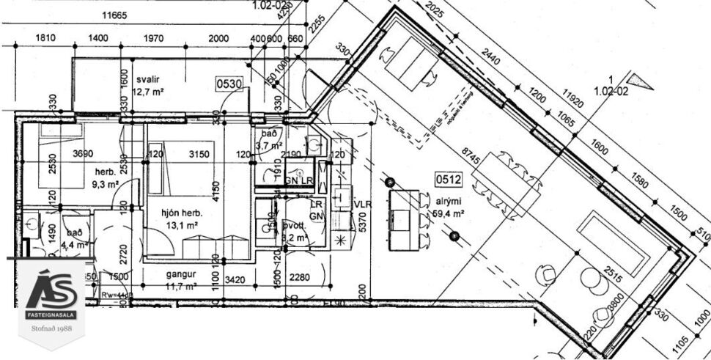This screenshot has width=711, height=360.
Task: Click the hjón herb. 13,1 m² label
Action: point(181,218)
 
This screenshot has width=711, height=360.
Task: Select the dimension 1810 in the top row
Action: point(45,38)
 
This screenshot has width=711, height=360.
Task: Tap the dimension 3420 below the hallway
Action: point(233,279)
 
